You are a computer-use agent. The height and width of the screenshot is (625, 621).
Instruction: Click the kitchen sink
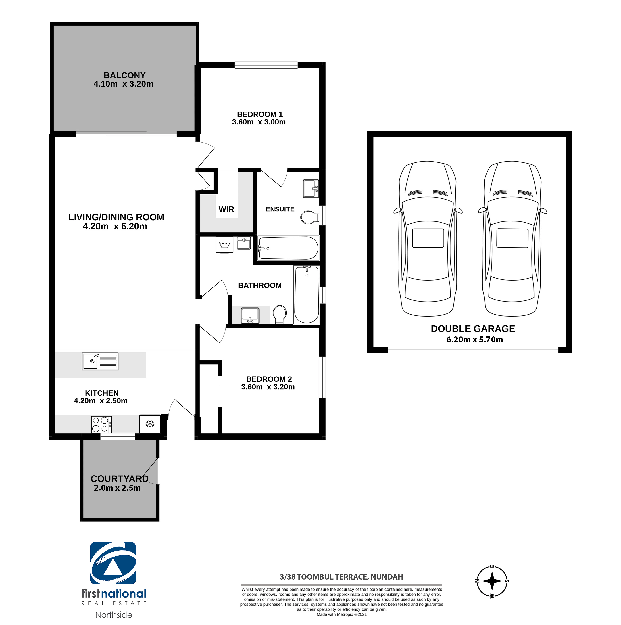click(100, 361)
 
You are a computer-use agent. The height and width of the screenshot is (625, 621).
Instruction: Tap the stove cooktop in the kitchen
click(101, 424)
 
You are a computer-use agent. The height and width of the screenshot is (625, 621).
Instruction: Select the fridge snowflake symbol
click(150, 424)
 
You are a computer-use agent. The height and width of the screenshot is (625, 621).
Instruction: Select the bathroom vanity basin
click(250, 315)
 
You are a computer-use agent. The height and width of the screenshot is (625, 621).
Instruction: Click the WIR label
click(226, 209)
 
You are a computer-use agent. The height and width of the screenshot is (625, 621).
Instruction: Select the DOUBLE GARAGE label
click(473, 329)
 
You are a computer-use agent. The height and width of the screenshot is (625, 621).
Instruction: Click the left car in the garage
click(428, 238)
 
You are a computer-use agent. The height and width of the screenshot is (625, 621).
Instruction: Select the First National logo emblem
click(113, 563)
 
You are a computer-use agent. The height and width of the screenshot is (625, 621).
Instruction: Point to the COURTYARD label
click(120, 478)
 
